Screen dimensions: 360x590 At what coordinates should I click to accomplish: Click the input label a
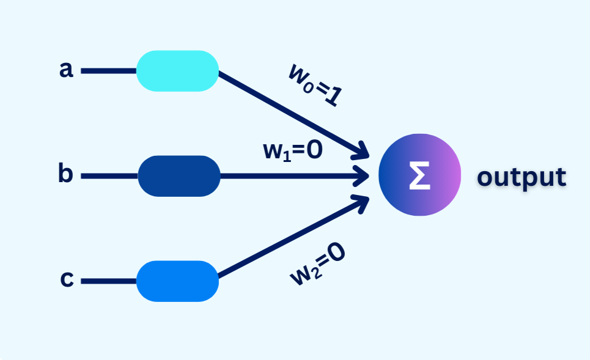tap(66, 70)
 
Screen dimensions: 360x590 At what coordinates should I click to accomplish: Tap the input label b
tap(65, 175)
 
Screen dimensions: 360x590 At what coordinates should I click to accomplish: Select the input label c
tap(67, 281)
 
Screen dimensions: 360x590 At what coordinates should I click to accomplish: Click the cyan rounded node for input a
tap(177, 71)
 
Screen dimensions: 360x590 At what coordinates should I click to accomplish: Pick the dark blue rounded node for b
tap(179, 176)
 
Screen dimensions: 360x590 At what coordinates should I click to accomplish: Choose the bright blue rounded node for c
tap(177, 281)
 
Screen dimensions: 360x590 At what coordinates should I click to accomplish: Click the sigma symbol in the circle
tap(419, 175)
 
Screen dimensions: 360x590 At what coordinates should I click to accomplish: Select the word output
tap(521, 177)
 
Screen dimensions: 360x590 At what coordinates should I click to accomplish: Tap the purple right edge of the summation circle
tap(455, 175)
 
